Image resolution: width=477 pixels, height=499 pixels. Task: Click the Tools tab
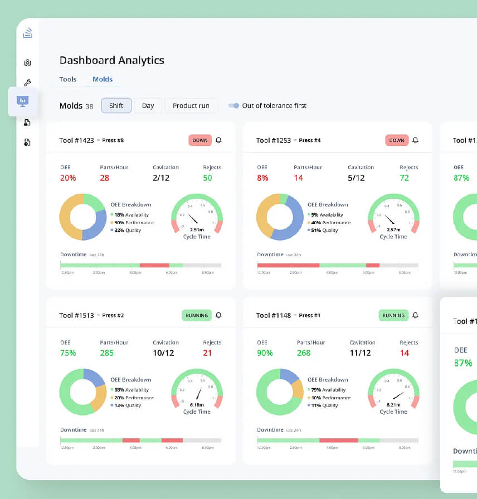tap(68, 80)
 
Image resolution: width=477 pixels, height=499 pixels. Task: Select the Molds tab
tap(103, 80)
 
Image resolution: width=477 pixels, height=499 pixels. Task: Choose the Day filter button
tap(148, 106)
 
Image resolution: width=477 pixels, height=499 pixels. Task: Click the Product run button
tap(191, 106)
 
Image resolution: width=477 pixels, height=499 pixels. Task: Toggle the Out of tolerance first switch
tap(234, 106)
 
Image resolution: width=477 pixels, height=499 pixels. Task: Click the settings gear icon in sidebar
tap(27, 63)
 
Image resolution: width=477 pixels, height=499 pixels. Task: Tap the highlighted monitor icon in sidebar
tap(23, 101)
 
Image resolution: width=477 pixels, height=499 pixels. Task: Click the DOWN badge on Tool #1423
tap(200, 140)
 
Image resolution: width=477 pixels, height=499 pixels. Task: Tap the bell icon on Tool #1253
tap(415, 140)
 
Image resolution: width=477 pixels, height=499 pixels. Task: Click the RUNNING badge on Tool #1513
tap(197, 316)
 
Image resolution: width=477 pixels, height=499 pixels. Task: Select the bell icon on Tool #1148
tap(415, 316)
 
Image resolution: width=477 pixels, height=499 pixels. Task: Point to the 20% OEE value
tap(68, 178)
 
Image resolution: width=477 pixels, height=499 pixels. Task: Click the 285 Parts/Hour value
tap(106, 353)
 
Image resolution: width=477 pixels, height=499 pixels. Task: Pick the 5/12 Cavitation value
tap(357, 178)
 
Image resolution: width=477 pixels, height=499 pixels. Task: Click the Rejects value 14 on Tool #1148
tap(405, 353)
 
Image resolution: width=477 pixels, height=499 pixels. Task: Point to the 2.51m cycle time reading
tap(197, 229)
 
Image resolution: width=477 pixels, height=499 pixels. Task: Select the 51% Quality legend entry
tap(323, 231)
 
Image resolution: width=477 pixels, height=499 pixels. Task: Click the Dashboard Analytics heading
tap(112, 61)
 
